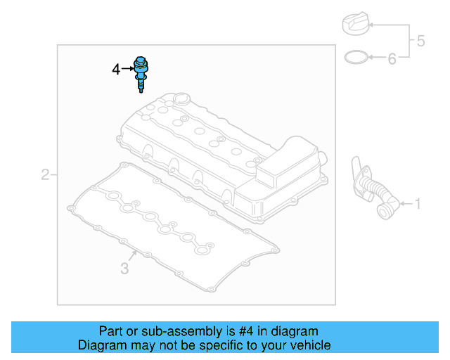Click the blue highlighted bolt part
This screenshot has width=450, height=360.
tap(141, 71)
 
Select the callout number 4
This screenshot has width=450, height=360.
tap(116, 69)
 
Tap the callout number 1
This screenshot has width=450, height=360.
tap(418, 205)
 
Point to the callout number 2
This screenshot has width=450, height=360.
tap(45, 174)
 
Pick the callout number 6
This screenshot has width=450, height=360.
tap(392, 58)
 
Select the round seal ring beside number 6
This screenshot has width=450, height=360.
tap(356, 56)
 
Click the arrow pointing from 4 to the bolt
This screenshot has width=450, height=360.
tap(127, 69)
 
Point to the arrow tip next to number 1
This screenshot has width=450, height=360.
tap(399, 205)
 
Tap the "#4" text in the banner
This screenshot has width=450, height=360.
tap(267, 330)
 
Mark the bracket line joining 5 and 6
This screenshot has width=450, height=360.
tap(409, 41)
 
